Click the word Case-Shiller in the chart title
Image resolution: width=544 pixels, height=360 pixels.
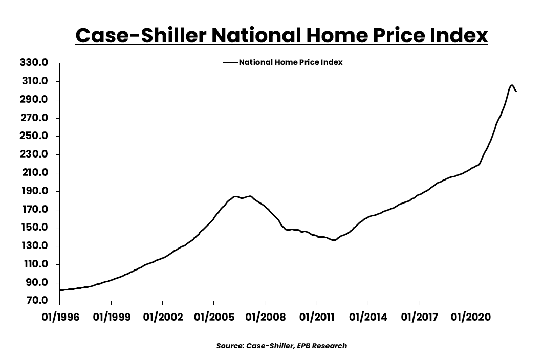[140, 36]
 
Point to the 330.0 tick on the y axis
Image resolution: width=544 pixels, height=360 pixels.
[34, 63]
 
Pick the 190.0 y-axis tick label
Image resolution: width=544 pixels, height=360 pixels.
[34, 191]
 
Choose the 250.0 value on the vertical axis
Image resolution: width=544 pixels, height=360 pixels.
[34, 136]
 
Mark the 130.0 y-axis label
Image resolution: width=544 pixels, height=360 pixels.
[34, 246]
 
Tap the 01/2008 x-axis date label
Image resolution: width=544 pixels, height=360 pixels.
[265, 318]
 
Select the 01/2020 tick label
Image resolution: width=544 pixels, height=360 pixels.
[470, 318]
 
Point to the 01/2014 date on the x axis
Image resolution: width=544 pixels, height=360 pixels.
[367, 318]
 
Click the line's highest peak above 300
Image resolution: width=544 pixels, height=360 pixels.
[512, 85]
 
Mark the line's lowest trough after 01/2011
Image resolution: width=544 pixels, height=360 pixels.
[334, 240]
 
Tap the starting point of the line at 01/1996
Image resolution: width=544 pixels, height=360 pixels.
[60, 290]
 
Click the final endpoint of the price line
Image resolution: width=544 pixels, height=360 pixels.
[516, 92]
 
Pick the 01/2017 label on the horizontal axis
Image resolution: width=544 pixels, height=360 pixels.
[418, 318]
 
